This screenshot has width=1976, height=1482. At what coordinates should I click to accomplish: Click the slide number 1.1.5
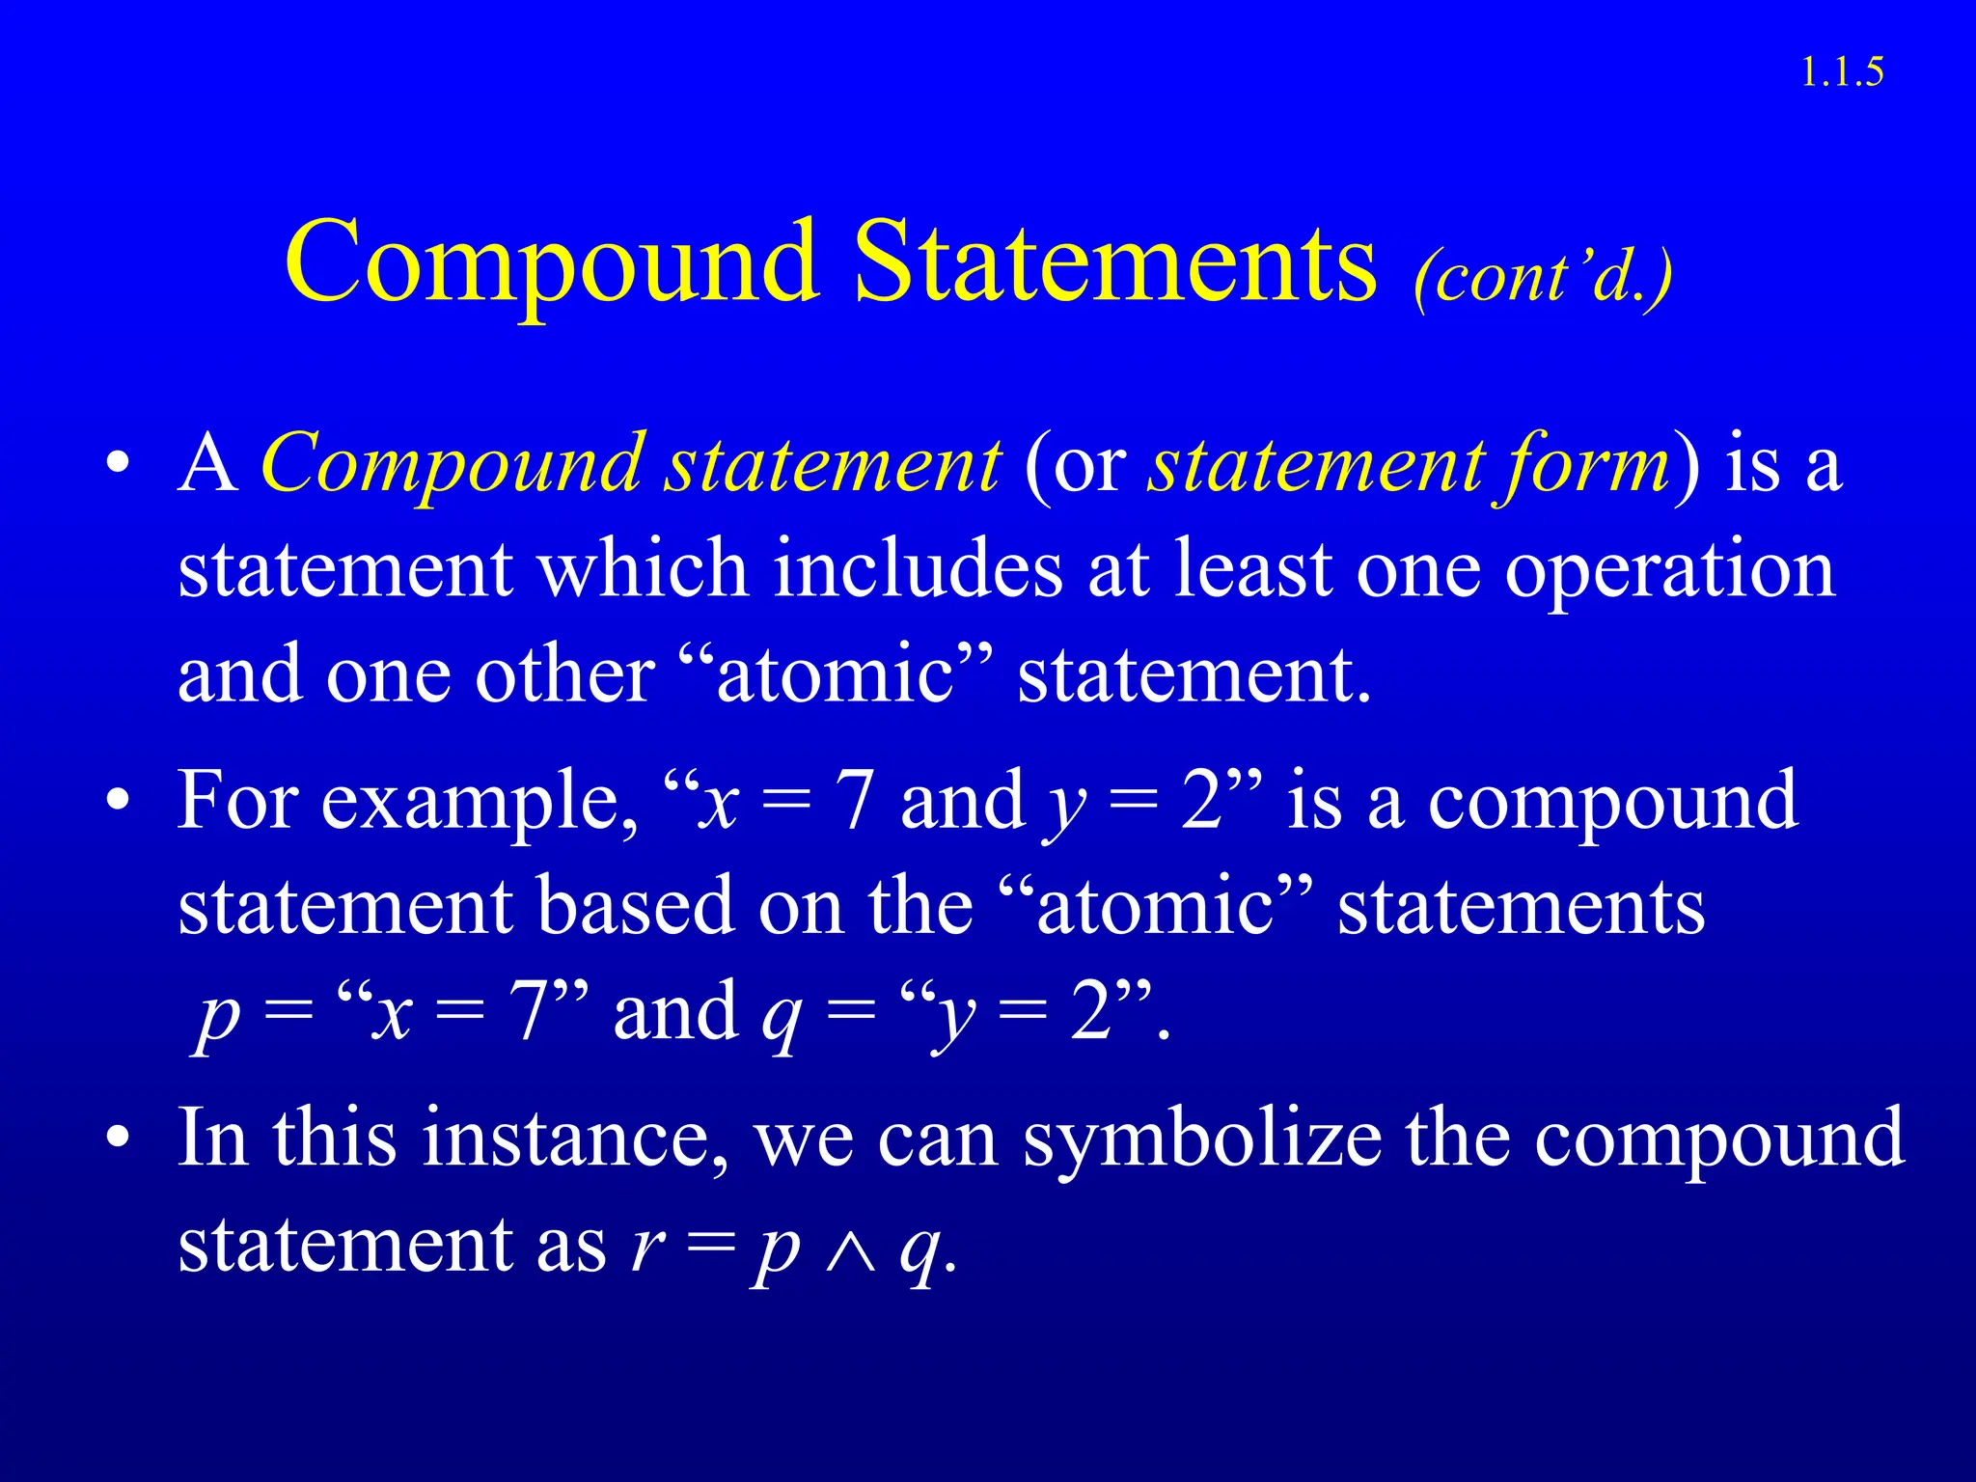[1842, 73]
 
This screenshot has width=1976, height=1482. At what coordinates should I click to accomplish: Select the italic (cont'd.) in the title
[1543, 279]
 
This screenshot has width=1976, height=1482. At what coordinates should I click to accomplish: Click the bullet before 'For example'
[118, 802]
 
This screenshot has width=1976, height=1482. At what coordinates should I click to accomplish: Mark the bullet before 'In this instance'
[118, 1139]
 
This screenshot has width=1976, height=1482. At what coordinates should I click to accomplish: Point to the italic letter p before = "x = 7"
[217, 1018]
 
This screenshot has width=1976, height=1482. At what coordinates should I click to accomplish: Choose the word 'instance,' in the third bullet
[575, 1139]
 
